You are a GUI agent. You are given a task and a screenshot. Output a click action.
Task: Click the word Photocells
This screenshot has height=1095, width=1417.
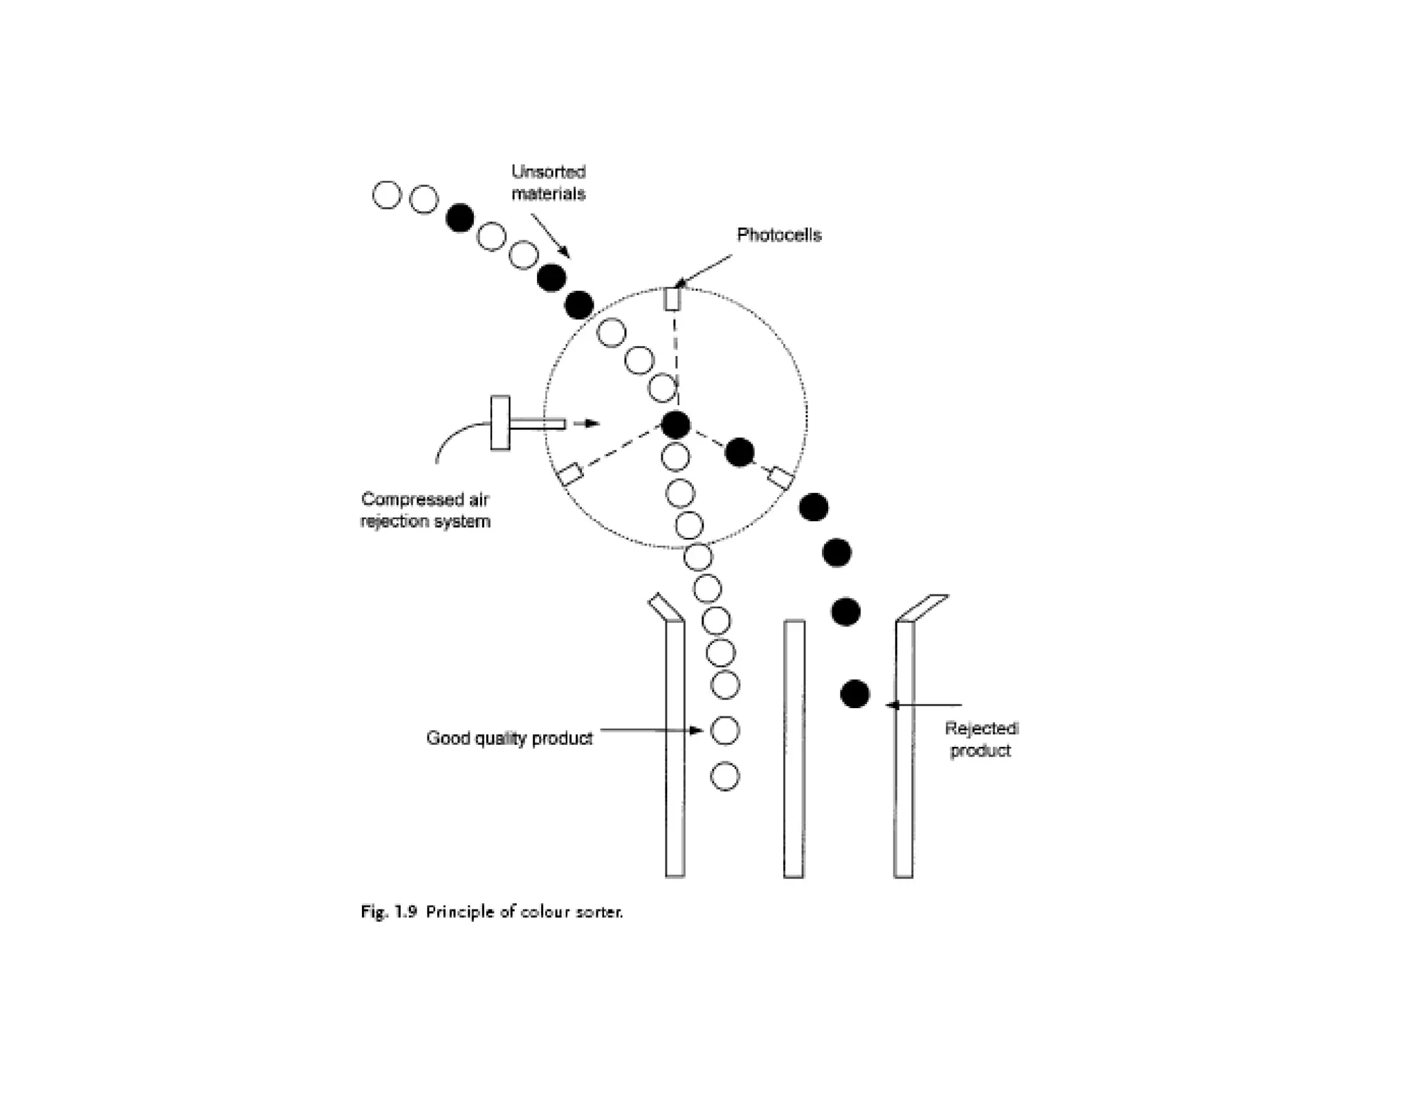(x=778, y=235)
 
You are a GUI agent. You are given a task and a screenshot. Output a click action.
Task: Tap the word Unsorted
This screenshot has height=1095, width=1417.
(x=548, y=172)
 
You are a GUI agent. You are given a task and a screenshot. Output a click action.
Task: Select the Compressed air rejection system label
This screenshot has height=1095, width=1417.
(x=425, y=510)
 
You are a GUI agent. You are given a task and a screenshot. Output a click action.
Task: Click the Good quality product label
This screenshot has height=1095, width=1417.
(x=509, y=739)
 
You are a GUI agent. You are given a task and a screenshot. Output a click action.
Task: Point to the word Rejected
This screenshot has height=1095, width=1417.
(x=980, y=729)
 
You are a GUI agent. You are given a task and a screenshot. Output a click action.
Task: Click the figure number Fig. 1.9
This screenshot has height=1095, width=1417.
(x=388, y=912)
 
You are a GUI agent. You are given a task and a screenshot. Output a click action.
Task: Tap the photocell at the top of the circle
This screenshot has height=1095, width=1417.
(x=673, y=299)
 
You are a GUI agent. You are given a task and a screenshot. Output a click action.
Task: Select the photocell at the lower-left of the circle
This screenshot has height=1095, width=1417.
(x=571, y=475)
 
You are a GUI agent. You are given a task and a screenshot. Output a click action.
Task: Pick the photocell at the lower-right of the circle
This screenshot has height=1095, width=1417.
(x=781, y=477)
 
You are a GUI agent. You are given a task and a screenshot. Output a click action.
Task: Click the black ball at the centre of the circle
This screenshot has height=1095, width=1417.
(x=675, y=424)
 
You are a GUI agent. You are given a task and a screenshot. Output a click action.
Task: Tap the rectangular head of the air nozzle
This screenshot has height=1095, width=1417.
(x=500, y=423)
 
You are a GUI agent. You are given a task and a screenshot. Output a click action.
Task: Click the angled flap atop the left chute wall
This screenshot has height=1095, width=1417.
(x=665, y=607)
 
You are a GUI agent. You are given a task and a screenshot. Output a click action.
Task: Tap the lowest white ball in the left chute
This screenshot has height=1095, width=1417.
(x=724, y=777)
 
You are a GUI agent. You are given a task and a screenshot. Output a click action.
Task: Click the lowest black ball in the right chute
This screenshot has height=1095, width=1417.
(x=854, y=694)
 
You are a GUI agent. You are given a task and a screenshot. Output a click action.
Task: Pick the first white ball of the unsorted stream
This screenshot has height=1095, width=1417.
(x=387, y=195)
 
